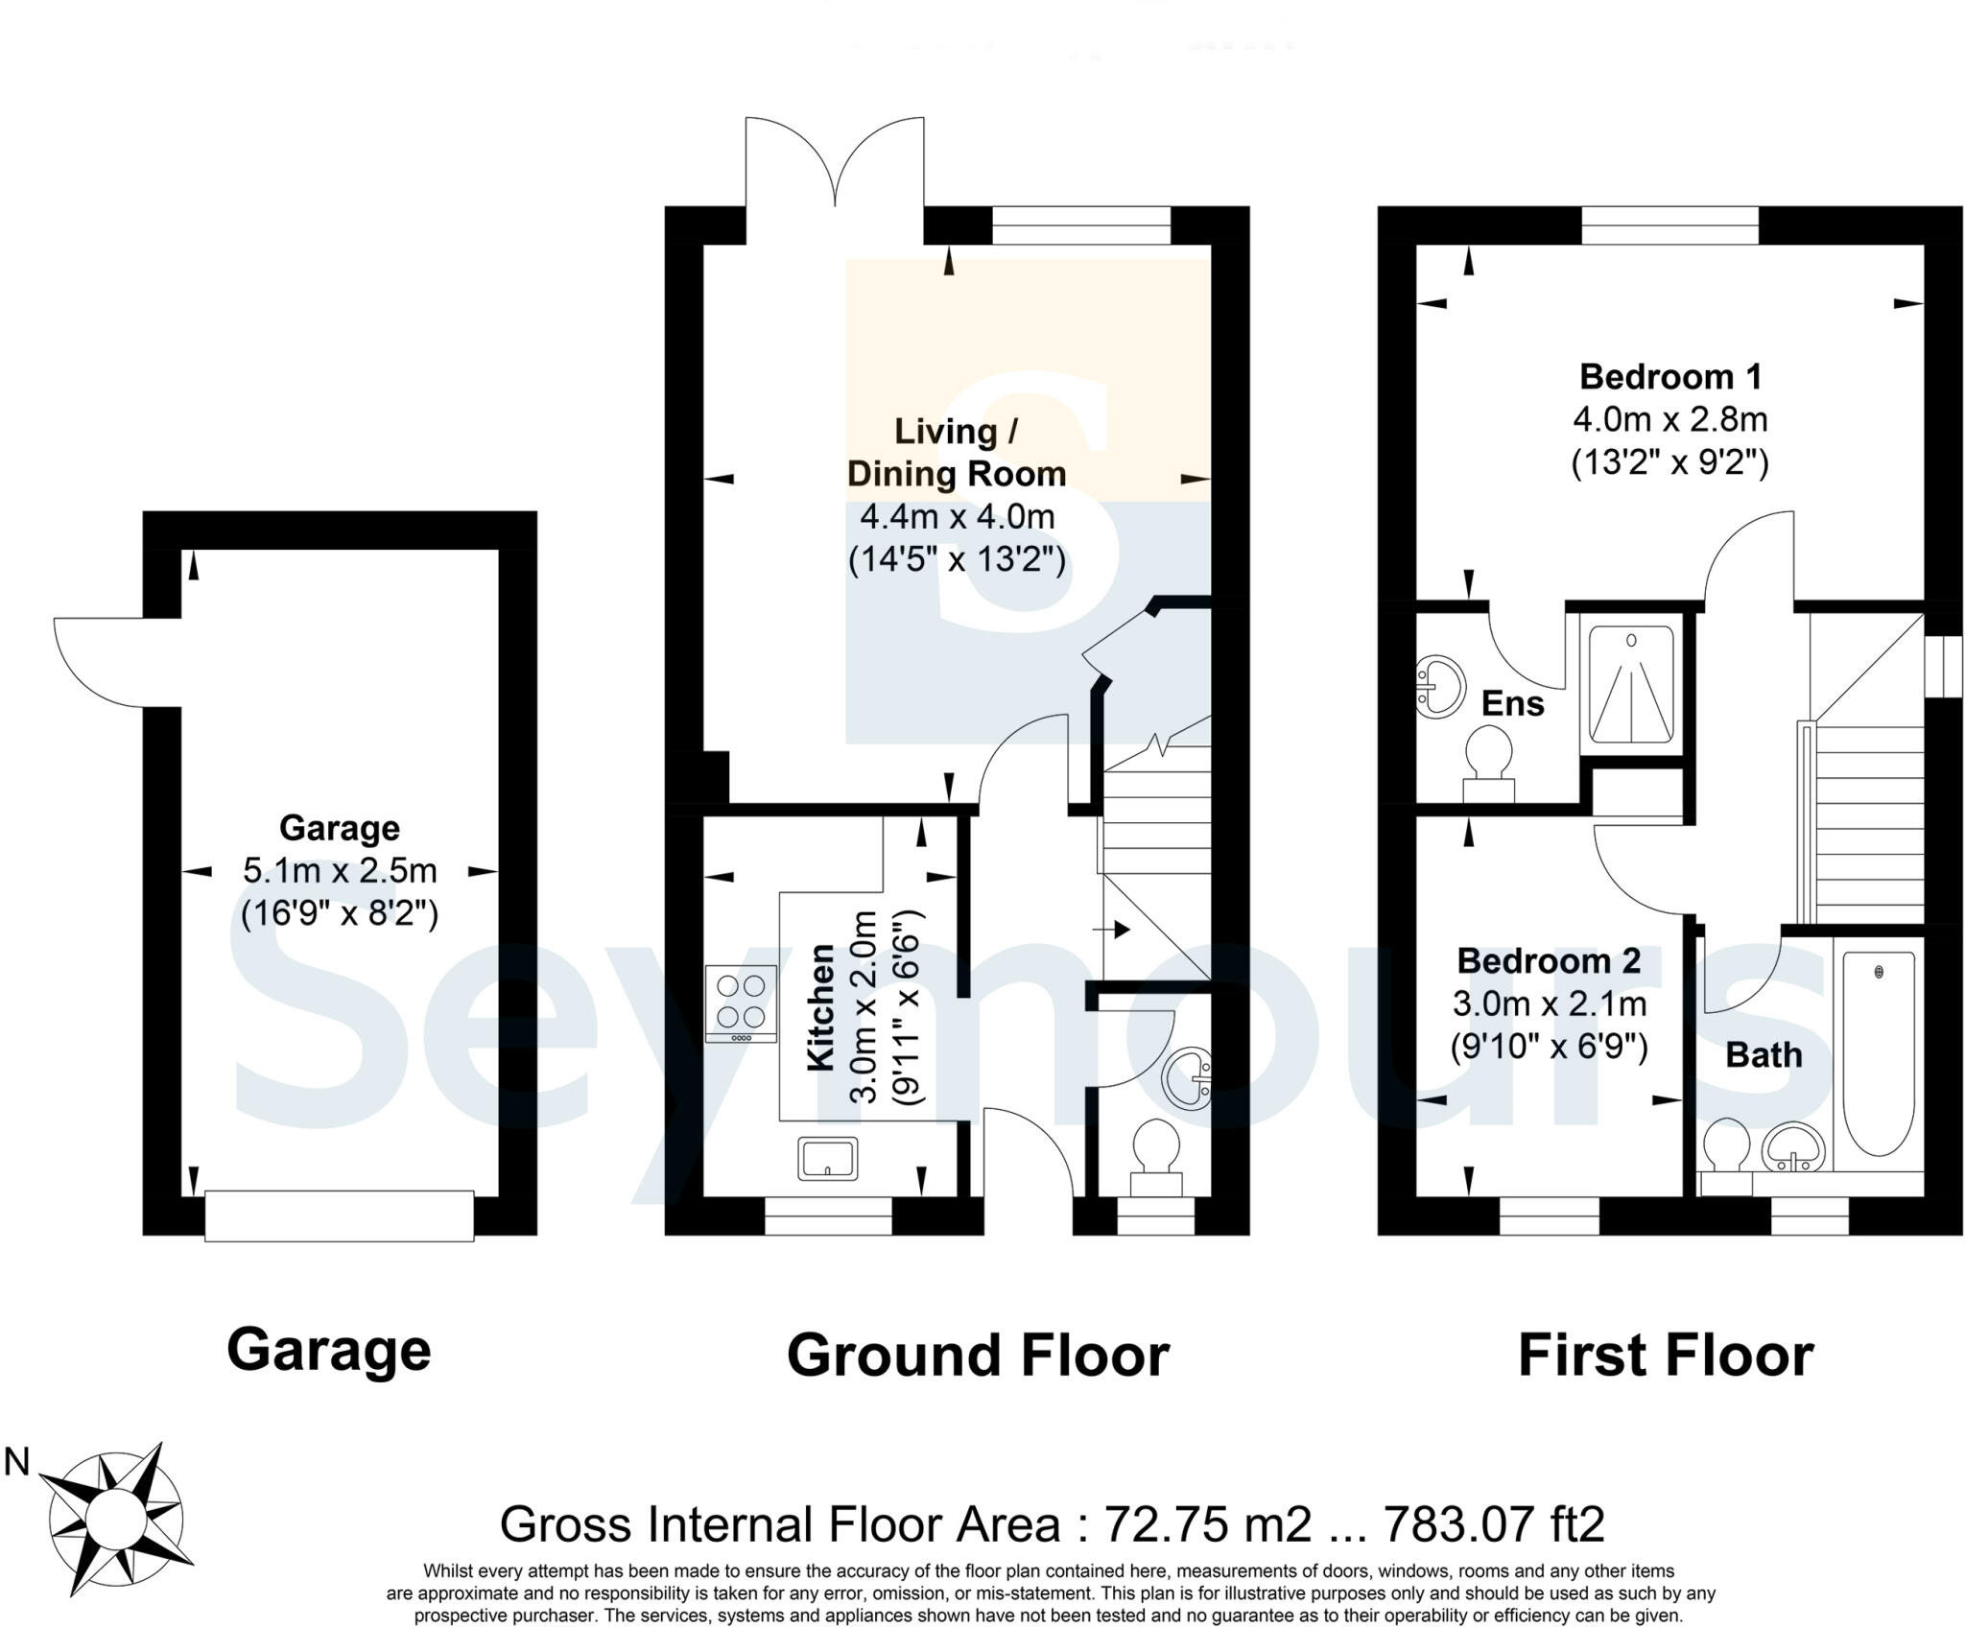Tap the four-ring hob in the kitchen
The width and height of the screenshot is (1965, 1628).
point(741,1003)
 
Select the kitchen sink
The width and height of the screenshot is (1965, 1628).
point(827,1158)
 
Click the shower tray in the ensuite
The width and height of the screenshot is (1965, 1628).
point(1631,684)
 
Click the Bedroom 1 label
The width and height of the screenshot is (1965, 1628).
point(1670,376)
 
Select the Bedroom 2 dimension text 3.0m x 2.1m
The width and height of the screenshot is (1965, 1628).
point(1550,1003)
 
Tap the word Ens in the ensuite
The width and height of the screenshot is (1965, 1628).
point(1513,703)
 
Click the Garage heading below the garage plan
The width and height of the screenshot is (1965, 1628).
point(329,1350)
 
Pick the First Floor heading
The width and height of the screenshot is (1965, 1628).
point(1666,1356)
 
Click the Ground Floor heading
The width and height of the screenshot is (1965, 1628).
point(978,1356)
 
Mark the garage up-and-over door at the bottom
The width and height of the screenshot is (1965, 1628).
point(339,1215)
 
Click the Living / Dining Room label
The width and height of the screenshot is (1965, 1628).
point(956,452)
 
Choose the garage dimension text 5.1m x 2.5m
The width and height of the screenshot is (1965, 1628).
point(340,870)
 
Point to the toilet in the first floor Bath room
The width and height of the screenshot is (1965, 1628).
point(1726,1152)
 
